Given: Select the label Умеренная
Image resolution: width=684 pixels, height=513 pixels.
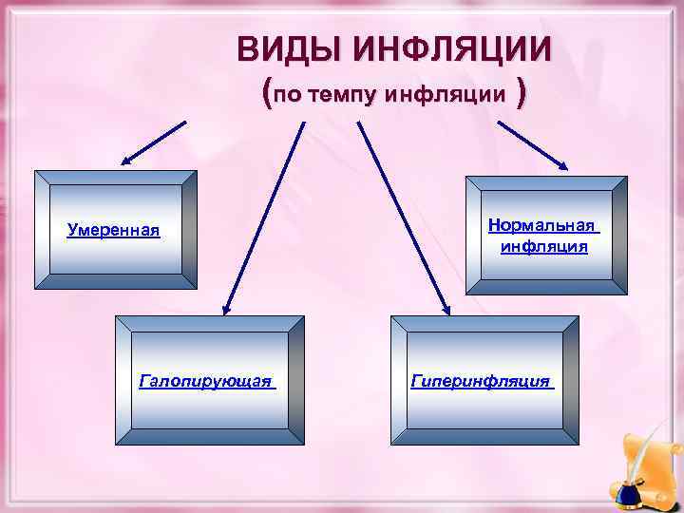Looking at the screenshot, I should pos(114,230).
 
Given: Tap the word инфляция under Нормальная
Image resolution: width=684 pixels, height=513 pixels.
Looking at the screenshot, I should pos(544,247).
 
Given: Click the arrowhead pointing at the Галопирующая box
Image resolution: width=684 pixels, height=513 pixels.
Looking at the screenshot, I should pos(228,307).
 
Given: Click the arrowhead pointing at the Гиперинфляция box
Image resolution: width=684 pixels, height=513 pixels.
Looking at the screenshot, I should pos(446,306).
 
